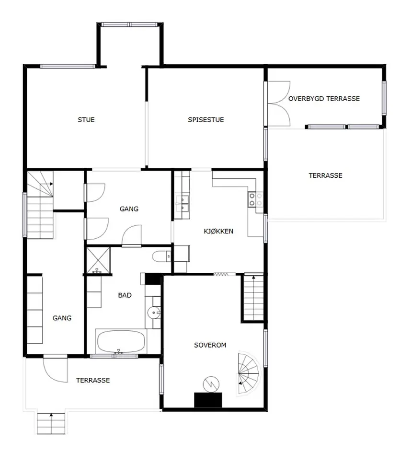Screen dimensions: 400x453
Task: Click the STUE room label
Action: click(86, 120)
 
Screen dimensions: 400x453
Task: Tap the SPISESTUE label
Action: click(206, 120)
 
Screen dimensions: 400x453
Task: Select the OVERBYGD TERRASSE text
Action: click(324, 99)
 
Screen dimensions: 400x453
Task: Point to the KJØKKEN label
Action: click(218, 231)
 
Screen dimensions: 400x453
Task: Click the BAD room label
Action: click(125, 295)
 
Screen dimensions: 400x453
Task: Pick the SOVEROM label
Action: click(210, 345)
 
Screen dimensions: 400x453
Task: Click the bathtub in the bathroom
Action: click(121, 341)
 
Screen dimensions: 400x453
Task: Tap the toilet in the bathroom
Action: click(161, 256)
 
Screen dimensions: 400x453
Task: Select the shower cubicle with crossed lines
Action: click(99, 260)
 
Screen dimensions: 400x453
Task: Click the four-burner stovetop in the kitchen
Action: click(256, 199)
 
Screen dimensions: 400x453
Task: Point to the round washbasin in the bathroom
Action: click(153, 312)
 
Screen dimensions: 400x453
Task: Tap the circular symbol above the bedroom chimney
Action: click(211, 384)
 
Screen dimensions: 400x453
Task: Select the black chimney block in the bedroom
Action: click(208, 400)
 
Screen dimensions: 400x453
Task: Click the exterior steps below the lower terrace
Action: click(51, 423)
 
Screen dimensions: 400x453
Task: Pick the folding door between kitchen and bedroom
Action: click(221, 274)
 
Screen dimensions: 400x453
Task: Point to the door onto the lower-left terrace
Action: click(56, 369)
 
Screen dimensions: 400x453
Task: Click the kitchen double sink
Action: click(182, 204)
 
